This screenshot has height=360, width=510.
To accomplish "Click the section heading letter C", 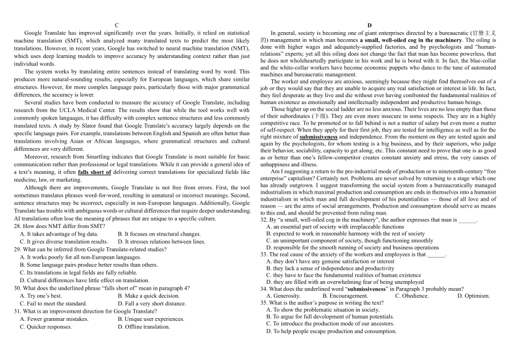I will [117, 25].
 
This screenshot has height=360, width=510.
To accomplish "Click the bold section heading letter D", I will [369, 25].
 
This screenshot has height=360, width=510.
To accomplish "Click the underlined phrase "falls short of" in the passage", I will [94, 172].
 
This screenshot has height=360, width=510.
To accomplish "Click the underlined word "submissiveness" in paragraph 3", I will [318, 137].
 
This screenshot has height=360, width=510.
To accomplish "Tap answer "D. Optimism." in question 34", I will [473, 296].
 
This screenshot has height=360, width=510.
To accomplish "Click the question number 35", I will [264, 303].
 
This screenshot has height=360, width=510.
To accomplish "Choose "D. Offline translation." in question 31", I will [143, 327].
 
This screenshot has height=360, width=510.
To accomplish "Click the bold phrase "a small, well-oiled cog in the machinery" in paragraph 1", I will [411, 40].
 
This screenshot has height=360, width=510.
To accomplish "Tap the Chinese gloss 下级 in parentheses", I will [320, 116].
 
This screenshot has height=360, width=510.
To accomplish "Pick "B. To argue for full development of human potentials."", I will [330, 317].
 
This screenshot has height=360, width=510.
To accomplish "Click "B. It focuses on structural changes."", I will [159, 234].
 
